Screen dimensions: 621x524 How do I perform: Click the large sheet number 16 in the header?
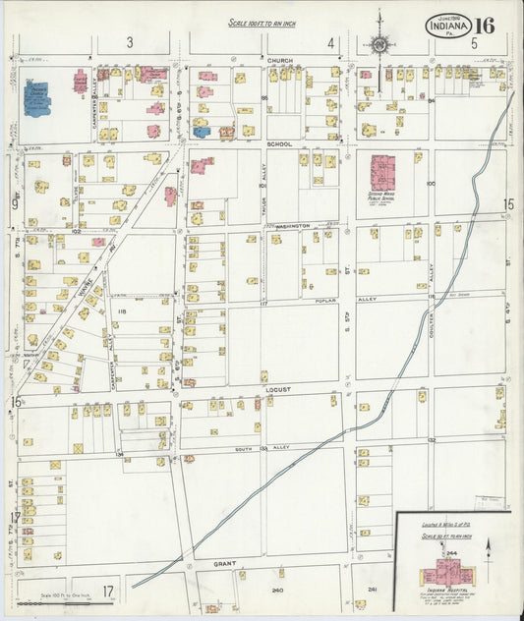coord(486,25)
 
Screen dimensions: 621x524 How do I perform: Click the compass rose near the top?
coord(378,43)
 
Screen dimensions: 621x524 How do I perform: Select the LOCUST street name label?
coord(279,390)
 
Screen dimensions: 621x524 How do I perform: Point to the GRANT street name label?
coord(226,565)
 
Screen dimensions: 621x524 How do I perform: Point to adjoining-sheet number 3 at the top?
coord(129,42)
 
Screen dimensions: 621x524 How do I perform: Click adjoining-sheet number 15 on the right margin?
coord(508,203)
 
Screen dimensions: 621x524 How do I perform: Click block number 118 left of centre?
coord(123,311)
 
